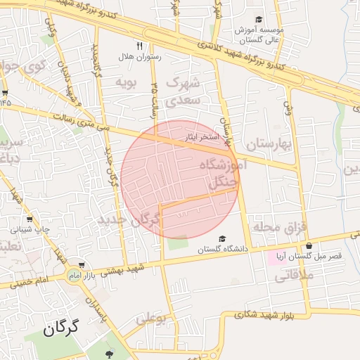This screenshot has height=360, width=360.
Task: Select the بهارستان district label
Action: (x=268, y=145)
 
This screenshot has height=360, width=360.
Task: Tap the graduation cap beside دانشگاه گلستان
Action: (x=223, y=239)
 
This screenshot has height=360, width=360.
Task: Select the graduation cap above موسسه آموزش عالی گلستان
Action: (x=259, y=20)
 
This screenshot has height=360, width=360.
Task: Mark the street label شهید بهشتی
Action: (x=126, y=270)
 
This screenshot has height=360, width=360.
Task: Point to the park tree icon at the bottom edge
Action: (x=108, y=354)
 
